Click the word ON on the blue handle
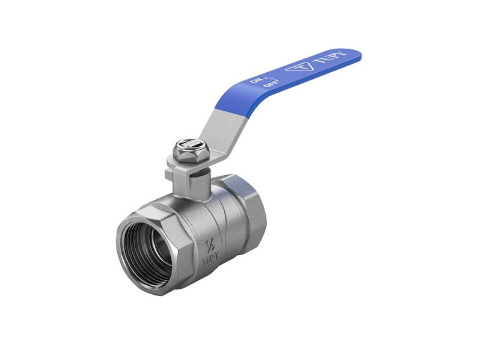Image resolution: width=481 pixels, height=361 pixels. [256, 81]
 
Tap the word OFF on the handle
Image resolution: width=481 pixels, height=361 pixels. [272, 83]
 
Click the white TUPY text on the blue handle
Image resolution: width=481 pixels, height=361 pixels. [330, 57]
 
